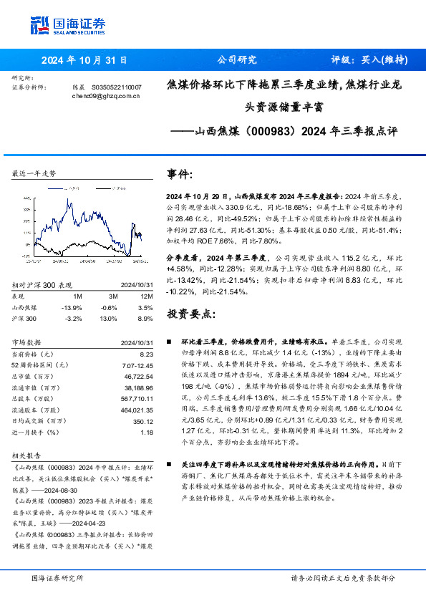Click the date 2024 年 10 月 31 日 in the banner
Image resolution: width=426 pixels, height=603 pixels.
click(x=84, y=60)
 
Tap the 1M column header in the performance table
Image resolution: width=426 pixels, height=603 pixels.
click(x=78, y=295)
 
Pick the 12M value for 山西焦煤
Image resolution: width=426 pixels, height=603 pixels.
click(x=146, y=306)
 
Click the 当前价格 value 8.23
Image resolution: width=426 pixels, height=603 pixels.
click(x=147, y=354)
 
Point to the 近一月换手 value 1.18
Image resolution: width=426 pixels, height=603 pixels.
click(x=147, y=433)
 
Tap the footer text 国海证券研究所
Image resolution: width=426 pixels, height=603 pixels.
click(x=57, y=578)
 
